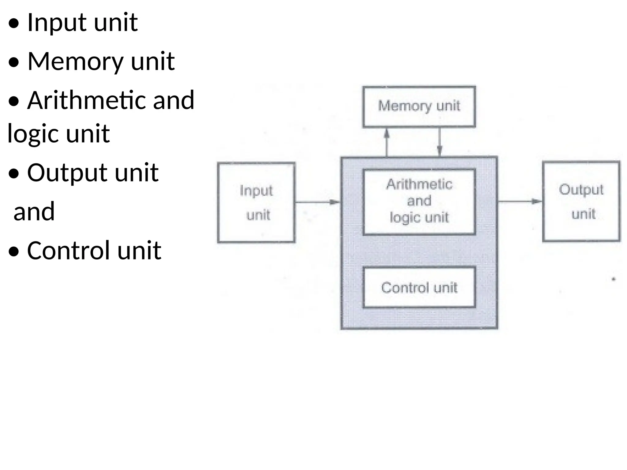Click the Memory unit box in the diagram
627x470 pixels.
[x=419, y=106]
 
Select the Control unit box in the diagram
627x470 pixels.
[x=419, y=287]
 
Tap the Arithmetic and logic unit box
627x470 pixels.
[x=419, y=202]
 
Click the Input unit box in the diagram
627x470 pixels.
[x=256, y=202]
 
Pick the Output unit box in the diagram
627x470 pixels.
[x=581, y=201]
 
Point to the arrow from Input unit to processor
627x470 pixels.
[x=318, y=202]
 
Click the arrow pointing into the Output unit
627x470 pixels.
[x=520, y=201]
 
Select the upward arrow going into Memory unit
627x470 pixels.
[x=387, y=142]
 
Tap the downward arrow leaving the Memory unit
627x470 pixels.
[x=440, y=142]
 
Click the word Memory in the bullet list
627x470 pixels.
[x=75, y=61]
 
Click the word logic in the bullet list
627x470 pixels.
[x=33, y=133]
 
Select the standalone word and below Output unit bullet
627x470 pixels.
[x=34, y=212]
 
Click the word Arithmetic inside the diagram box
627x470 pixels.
[x=419, y=184]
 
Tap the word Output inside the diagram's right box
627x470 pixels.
[x=581, y=190]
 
